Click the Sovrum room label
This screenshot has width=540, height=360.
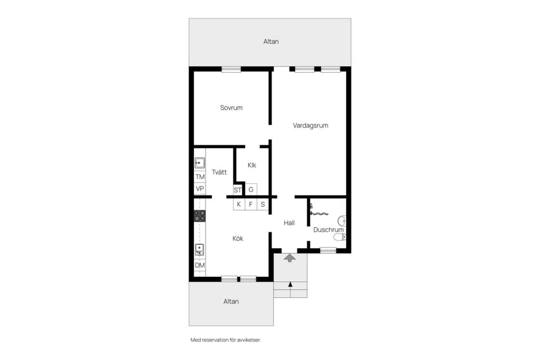231,108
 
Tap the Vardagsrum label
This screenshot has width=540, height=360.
310,126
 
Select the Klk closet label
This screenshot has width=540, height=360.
252,165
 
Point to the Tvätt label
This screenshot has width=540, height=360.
219,172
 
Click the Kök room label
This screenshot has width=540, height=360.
237,238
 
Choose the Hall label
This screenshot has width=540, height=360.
289,223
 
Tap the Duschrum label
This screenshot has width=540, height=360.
328,229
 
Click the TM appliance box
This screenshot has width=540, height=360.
200,177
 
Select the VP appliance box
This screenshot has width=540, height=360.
200,189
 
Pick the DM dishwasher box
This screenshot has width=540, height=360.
200,265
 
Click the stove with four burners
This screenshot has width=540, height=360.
200,216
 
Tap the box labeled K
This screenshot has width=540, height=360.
239,204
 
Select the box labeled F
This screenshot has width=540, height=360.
251,204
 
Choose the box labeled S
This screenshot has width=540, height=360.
263,204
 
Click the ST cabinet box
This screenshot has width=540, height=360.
237,190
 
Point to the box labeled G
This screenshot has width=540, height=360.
251,190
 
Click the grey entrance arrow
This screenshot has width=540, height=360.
290,258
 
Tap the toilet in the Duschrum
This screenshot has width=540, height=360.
340,237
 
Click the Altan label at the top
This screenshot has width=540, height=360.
271,41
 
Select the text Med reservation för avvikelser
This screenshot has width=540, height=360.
226,340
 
